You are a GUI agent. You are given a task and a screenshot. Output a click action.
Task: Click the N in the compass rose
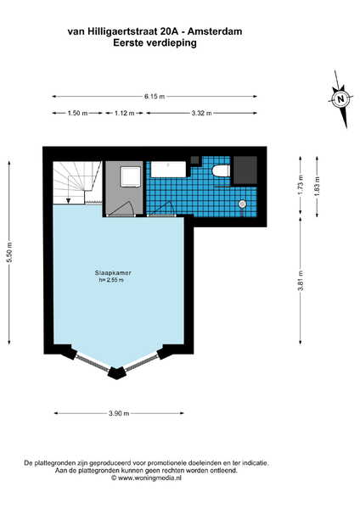pyautogui.click(x=340, y=98)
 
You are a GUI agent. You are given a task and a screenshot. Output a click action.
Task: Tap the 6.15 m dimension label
pyautogui.click(x=155, y=97)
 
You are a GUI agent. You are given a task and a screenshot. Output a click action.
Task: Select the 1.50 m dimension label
pyautogui.click(x=77, y=114)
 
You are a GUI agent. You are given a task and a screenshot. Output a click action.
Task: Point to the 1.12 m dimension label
pyautogui.click(x=125, y=114)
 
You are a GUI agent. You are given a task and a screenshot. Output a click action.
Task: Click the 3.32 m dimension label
pyautogui.click(x=201, y=114)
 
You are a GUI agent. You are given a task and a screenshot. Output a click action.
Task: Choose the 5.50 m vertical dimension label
pyautogui.click(x=9, y=252)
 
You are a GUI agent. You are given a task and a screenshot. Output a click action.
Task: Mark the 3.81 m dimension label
pyautogui.click(x=301, y=280)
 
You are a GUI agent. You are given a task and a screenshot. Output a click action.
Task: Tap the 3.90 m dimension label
pyautogui.click(x=119, y=413)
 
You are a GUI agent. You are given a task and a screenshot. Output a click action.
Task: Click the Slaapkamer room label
pyautogui.click(x=113, y=273)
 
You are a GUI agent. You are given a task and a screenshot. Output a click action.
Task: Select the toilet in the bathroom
pyautogui.click(x=222, y=171)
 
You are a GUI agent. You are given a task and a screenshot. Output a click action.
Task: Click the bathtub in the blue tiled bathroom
pyautogui.click(x=168, y=170)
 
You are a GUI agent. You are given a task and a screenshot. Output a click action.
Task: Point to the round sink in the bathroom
pyautogui.click(x=242, y=204)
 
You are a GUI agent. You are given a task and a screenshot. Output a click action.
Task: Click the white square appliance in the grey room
pyautogui.click(x=131, y=177)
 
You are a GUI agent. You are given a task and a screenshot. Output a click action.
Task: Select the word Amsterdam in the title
pyautogui.click(x=215, y=31)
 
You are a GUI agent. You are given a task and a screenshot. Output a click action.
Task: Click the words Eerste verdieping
pyautogui.click(x=155, y=43)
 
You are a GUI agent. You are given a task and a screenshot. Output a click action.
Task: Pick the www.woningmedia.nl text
pyautogui.click(x=149, y=478)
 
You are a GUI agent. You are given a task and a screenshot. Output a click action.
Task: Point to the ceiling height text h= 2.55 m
pyautogui.click(x=111, y=280)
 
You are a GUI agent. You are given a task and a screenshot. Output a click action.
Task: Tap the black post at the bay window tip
pyautogui.click(x=116, y=373)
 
